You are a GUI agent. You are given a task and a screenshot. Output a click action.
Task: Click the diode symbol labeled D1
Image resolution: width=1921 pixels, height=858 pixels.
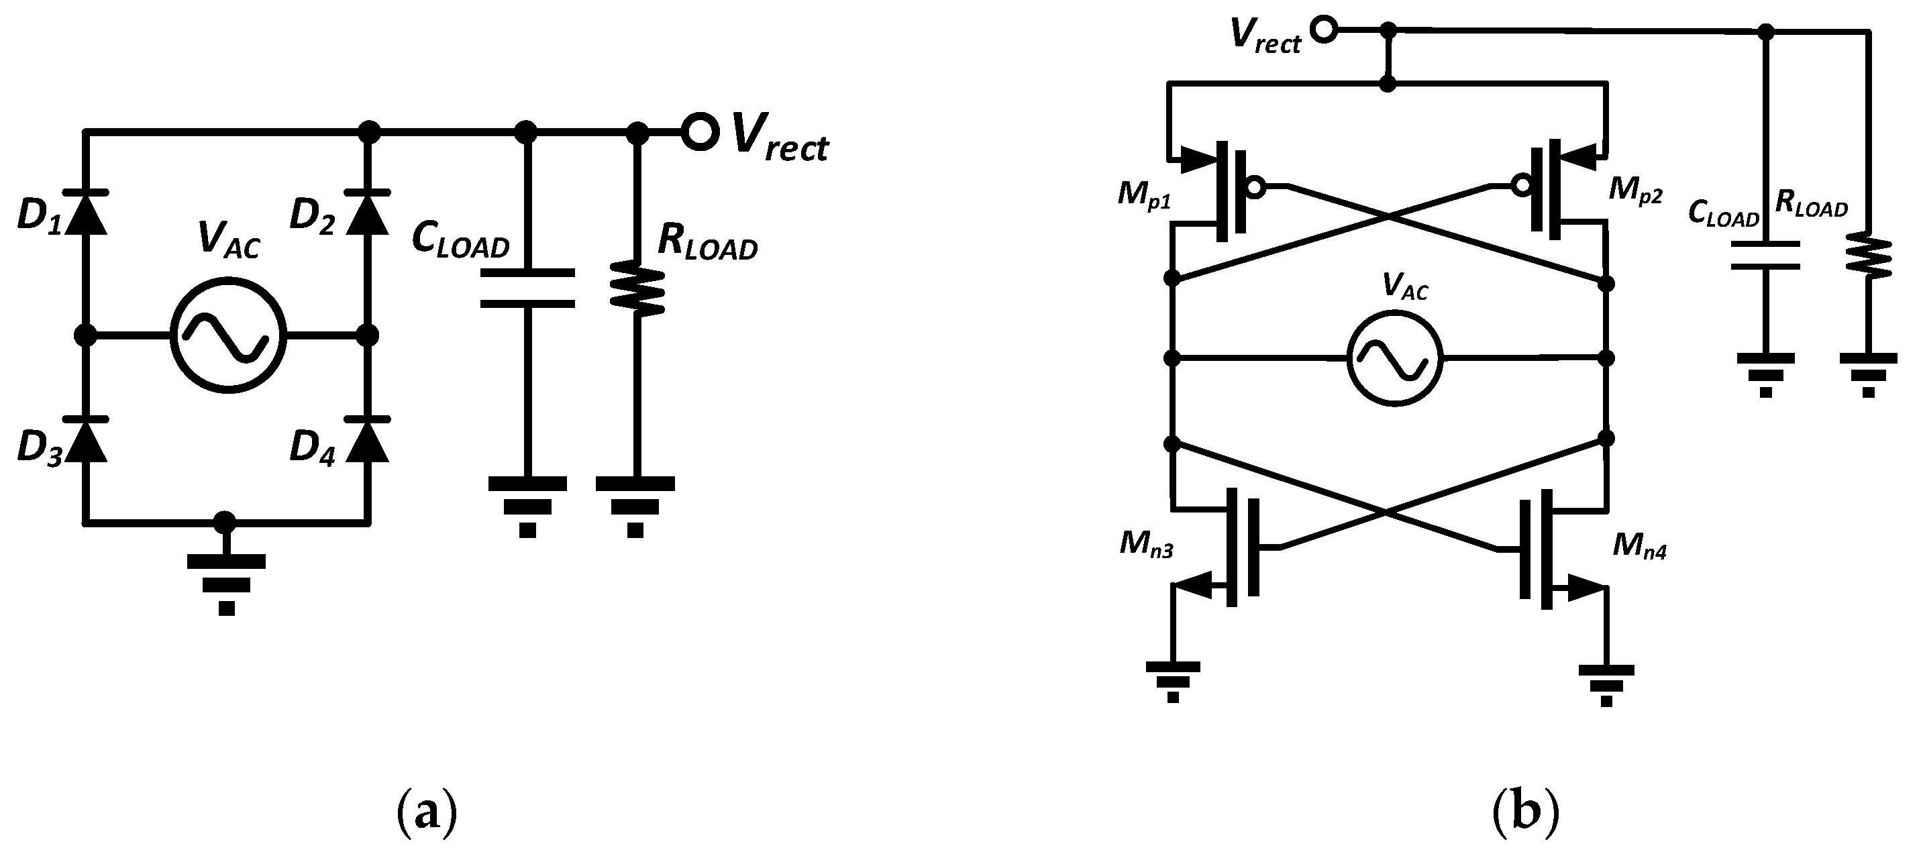pyautogui.click(x=86, y=213)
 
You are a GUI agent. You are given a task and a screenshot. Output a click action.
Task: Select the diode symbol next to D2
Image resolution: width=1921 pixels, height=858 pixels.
pyautogui.click(x=367, y=213)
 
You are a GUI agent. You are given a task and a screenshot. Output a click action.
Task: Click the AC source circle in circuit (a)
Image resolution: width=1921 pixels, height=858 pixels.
pyautogui.click(x=227, y=335)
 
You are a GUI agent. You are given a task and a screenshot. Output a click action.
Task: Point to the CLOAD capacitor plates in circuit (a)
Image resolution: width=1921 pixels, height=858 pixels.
pyautogui.click(x=527, y=288)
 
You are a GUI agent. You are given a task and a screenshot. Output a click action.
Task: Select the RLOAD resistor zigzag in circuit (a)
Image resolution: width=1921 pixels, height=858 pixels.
pyautogui.click(x=637, y=288)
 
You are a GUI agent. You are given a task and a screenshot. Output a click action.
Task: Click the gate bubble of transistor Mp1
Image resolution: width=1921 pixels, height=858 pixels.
pyautogui.click(x=1255, y=187)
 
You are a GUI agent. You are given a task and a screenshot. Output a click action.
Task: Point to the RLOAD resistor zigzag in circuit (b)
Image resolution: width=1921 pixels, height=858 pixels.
pyautogui.click(x=1868, y=256)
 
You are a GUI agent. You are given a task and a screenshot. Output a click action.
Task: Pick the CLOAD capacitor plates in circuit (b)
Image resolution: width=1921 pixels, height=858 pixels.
pyautogui.click(x=1765, y=255)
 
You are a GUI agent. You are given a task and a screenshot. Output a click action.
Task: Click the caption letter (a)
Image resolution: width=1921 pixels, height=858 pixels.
pyautogui.click(x=426, y=812)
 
